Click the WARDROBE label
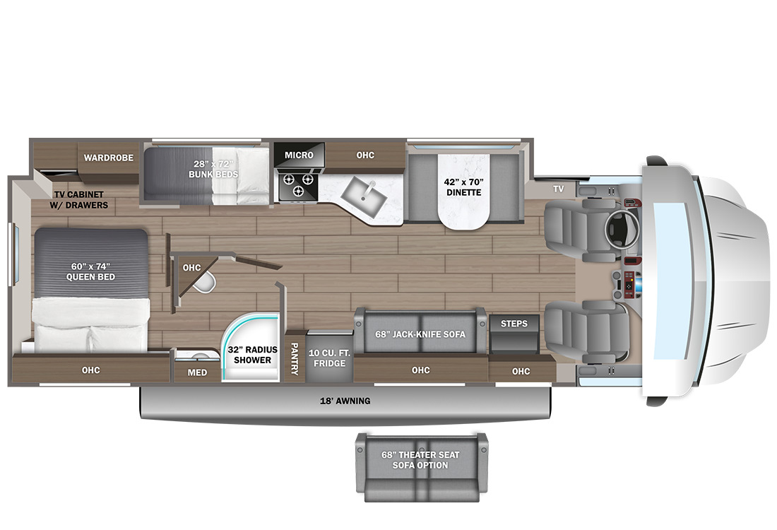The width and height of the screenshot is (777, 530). pyautogui.click(x=109, y=158)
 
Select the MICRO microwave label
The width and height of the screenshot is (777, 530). pyautogui.click(x=299, y=155)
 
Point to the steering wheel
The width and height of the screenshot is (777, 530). pyautogui.click(x=621, y=228)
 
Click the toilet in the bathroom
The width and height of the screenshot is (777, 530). pyautogui.click(x=205, y=282)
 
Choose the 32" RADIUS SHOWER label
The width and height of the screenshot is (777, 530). pyautogui.click(x=252, y=355)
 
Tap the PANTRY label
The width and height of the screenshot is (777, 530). pyautogui.click(x=295, y=358)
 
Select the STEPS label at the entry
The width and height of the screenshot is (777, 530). pyautogui.click(x=514, y=324)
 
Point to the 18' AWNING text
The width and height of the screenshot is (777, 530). pyautogui.click(x=345, y=401)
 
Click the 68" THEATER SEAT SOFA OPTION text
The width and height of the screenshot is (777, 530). pyautogui.click(x=420, y=460)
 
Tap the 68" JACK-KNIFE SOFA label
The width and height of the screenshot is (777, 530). pyautogui.click(x=420, y=335)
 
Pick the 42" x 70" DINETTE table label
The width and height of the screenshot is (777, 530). pyautogui.click(x=464, y=187)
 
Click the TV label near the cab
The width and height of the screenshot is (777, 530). pyautogui.click(x=559, y=189)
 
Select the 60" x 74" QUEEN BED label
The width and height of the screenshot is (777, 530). pyautogui.click(x=90, y=271)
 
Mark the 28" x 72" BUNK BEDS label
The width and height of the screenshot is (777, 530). pyautogui.click(x=213, y=169)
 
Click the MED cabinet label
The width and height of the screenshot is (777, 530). pyautogui.click(x=197, y=372)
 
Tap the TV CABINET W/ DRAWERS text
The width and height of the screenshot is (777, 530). pyautogui.click(x=79, y=200)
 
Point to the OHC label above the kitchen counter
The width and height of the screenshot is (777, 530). pyautogui.click(x=365, y=155)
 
